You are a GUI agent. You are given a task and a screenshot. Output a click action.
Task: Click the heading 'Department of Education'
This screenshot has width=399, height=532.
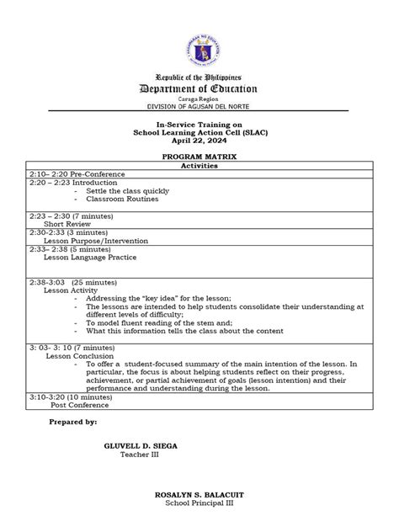pos(199,90)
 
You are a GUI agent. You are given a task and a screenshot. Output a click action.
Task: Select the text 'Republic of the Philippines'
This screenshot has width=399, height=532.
pos(199,76)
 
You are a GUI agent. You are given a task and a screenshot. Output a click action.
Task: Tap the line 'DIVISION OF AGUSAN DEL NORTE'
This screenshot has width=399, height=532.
pos(199,107)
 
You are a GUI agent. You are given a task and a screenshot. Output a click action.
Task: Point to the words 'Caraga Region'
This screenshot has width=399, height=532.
pos(199,99)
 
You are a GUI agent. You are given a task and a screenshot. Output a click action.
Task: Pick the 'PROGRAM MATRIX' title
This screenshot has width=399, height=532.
pos(199,157)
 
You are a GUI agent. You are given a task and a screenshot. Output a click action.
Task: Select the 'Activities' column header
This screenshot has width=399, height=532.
pos(199,166)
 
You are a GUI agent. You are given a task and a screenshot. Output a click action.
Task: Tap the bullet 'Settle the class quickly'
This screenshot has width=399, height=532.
pos(127,191)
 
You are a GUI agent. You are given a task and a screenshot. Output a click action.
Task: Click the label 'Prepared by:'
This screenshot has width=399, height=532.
pos(73,421)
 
